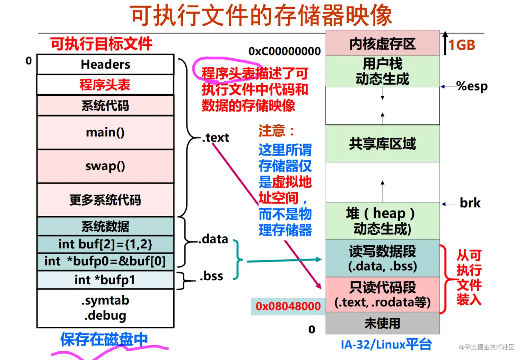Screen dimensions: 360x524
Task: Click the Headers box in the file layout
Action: [105, 65]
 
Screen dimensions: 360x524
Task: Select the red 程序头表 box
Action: [105, 85]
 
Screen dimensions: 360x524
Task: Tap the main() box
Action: [105, 132]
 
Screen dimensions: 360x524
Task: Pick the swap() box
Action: [105, 166]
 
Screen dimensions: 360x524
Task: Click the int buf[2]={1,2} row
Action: [105, 244]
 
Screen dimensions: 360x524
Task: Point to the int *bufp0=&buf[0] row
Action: [105, 261]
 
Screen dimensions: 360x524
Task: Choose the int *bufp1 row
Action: [105, 280]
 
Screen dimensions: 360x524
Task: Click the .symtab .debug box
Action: [105, 308]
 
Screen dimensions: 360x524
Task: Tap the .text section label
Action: [216, 138]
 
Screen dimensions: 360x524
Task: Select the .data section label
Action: [213, 239]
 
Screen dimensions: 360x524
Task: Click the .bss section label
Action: [211, 276]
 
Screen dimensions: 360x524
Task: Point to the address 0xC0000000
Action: [285, 51]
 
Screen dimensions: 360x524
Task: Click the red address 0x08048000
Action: [288, 306]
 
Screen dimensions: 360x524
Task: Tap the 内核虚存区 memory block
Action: [382, 44]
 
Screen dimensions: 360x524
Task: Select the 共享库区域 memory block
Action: [382, 144]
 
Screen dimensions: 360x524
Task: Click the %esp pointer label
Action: [472, 86]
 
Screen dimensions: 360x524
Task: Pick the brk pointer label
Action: [470, 203]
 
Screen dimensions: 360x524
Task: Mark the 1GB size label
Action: [462, 45]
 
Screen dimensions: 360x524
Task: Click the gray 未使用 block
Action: [382, 323]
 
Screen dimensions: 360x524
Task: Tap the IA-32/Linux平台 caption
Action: [386, 344]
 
